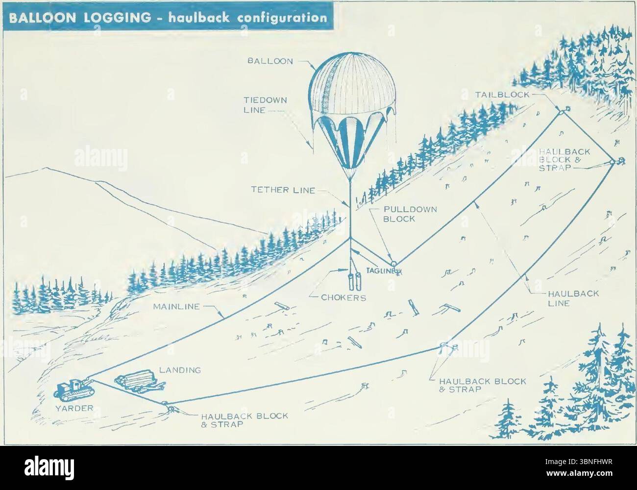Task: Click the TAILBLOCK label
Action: [503, 95]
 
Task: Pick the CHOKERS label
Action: [343, 297]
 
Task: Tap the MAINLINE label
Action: [176, 307]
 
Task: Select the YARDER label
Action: [73, 406]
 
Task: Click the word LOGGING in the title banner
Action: [112, 18]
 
